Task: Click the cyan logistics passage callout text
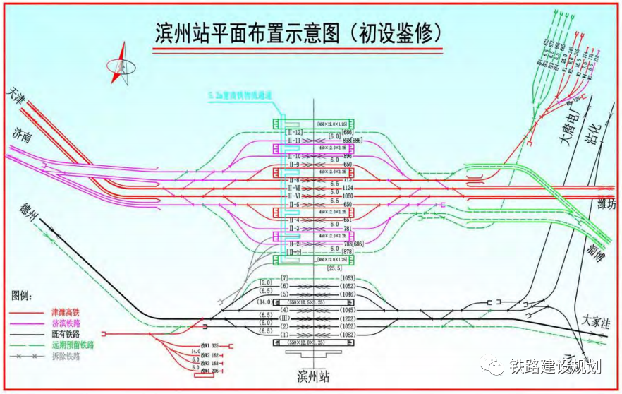coord(240,95)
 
